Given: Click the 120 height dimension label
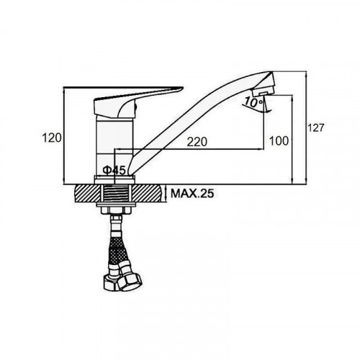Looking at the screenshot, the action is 52,138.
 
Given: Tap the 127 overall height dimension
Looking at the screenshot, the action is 316,127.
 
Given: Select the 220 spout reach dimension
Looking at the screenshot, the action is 197,142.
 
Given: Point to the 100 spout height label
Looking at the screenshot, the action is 279,140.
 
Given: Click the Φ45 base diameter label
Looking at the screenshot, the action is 114,170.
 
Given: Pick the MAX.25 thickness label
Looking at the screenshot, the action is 192,193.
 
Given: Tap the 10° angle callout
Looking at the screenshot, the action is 251,103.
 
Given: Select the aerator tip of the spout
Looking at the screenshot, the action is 263,91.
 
